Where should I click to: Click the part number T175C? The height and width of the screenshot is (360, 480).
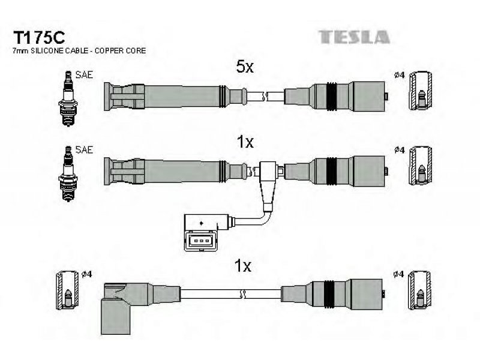point(39,38)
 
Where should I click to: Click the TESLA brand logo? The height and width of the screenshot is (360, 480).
point(354,37)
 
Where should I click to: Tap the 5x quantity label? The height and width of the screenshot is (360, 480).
point(245,67)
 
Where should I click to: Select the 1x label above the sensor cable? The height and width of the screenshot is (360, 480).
point(245,142)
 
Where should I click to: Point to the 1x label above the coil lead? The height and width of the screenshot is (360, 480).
point(243,266)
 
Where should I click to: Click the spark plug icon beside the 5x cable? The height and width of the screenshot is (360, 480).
point(68,98)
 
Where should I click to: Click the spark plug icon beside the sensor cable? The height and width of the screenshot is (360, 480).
point(68,173)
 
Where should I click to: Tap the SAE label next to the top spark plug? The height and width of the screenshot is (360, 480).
point(84,74)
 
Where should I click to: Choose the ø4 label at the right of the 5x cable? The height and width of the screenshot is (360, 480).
point(400,75)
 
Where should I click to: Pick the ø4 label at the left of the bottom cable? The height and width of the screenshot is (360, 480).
point(86,274)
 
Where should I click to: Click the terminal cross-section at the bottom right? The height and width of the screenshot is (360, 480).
point(421,290)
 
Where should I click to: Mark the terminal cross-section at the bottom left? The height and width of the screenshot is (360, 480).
point(67,290)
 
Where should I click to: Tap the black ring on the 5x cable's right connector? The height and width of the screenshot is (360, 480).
point(332,96)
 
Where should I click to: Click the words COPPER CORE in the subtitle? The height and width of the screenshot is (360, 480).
point(120,51)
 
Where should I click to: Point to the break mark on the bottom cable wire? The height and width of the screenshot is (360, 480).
point(242,294)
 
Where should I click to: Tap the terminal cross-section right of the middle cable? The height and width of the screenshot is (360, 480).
point(421,166)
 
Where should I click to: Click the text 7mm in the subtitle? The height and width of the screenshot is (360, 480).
point(20,51)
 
